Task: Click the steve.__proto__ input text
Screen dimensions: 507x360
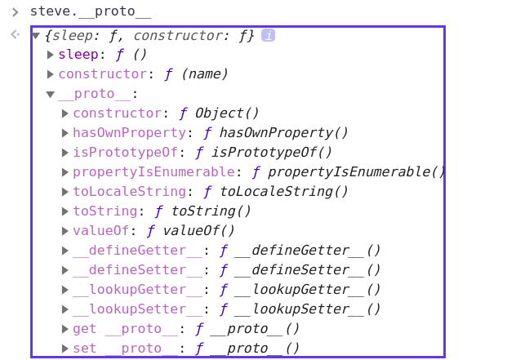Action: pos(90,12)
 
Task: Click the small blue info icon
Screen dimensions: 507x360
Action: pos(268,35)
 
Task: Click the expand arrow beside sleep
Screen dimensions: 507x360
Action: pos(51,55)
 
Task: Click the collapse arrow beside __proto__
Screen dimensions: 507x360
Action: pos(51,94)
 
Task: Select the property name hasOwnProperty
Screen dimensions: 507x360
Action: pos(130,133)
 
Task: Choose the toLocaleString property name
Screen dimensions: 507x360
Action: pos(130,192)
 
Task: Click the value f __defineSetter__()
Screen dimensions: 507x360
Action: pos(300,270)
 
